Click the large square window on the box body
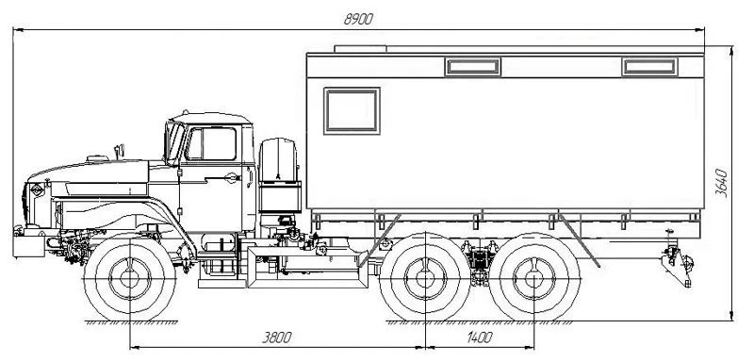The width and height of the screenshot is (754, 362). tap(352, 110)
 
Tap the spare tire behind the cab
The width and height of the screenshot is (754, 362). tap(279, 160)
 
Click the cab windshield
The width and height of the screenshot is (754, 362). tap(174, 141)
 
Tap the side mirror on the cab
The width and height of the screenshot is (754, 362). tap(120, 151)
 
